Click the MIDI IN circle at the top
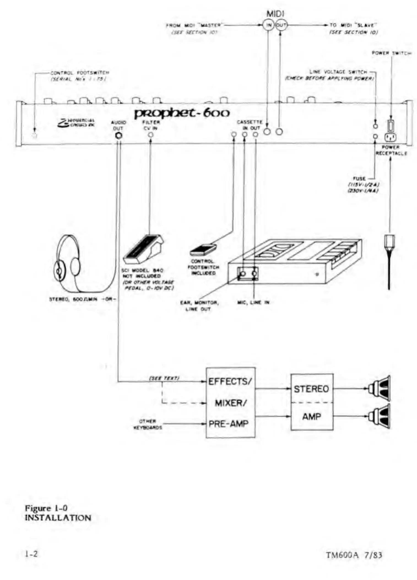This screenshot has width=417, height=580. point(268,25)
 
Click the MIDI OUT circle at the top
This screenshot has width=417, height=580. point(281,25)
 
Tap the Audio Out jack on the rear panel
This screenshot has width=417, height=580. point(119,135)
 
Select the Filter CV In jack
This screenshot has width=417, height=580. point(151,135)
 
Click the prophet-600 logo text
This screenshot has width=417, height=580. point(182,113)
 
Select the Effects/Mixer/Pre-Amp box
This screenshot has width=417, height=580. point(230,402)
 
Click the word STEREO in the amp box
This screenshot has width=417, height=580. point(312,389)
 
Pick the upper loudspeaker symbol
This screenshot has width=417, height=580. point(380,388)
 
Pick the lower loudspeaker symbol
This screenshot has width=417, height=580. point(380,416)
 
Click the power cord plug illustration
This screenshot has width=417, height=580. point(389,248)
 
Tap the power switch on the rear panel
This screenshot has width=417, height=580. point(390,126)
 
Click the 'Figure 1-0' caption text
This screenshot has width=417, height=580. point(46,508)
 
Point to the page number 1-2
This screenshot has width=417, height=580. point(31,554)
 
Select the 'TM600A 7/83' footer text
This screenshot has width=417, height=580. point(354,555)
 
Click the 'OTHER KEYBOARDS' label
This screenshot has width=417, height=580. point(148,424)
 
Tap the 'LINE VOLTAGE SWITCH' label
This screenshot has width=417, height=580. point(338,72)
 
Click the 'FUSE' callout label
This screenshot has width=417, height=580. point(359,178)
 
